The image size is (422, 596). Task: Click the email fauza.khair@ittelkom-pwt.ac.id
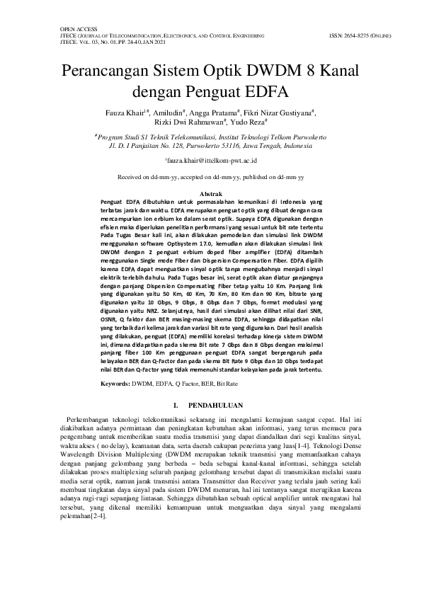[x=211, y=161]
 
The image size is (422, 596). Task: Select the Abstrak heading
[x=211, y=193]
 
